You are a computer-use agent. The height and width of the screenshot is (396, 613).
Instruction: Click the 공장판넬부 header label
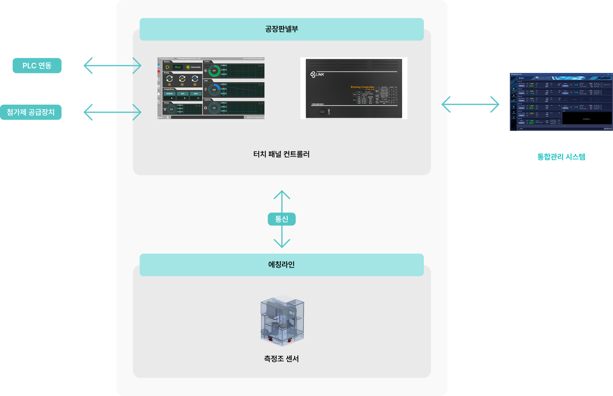pos(282,29)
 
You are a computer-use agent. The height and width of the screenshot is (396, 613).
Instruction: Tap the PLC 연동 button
pos(37,66)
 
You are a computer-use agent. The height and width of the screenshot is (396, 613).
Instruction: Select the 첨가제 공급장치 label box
pos(31,112)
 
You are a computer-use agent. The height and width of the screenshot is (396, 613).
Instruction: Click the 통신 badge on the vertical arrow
pos(282,219)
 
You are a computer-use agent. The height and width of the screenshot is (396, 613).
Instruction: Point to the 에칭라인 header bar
pos(282,265)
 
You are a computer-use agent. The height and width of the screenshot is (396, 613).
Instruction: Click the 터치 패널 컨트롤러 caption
pos(282,154)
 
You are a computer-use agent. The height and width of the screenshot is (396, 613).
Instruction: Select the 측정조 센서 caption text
pos(282,359)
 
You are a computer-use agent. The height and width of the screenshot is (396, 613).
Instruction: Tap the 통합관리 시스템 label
pos(561,157)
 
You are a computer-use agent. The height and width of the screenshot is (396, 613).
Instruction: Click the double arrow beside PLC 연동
pos(112,66)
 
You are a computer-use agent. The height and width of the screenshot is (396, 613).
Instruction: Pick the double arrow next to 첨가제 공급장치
pos(112,112)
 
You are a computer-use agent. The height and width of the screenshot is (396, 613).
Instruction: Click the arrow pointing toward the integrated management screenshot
pos(470,104)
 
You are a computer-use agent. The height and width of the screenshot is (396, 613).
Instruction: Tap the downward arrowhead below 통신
pos(282,243)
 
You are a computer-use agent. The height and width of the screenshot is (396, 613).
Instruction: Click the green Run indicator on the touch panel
pos(178,67)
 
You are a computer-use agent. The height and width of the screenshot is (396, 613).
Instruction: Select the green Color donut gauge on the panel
pos(214,71)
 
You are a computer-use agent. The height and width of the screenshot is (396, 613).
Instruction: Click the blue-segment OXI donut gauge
pos(214,90)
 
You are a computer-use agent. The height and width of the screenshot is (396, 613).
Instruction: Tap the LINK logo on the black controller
pos(317,74)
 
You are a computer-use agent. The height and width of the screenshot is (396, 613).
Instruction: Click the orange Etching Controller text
pos(362,87)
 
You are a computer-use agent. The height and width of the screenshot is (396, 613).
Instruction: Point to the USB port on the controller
pos(322,112)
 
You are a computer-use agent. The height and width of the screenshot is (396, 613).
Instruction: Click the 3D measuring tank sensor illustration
pos(282,321)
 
